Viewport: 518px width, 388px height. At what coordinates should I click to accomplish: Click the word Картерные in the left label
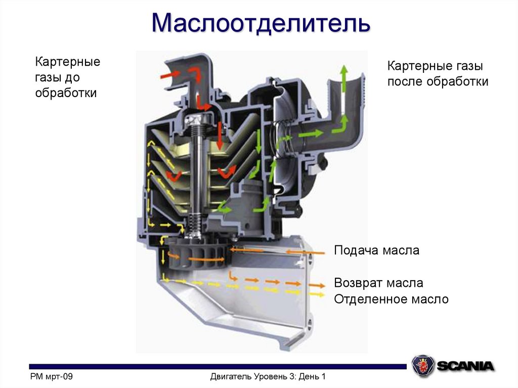67,63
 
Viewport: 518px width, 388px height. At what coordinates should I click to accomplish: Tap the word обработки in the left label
66,93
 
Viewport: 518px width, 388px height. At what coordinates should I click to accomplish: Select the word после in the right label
406,81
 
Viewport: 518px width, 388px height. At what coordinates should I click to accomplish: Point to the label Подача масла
377,250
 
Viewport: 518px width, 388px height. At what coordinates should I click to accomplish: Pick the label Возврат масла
378,283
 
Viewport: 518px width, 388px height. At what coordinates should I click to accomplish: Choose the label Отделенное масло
391,299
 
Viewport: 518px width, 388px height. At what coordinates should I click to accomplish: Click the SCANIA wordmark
465,366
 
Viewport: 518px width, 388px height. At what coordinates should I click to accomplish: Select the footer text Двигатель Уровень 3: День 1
268,376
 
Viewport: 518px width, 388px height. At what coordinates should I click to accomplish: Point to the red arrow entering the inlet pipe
170,75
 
